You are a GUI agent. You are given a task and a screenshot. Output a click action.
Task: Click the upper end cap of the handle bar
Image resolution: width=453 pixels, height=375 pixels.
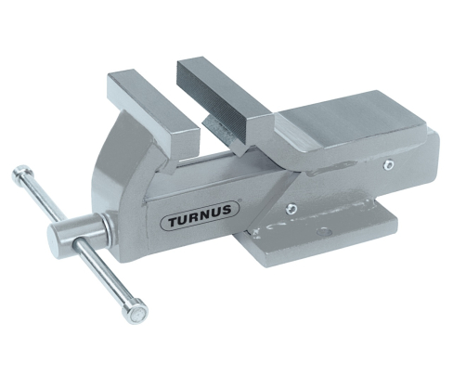click(x=21, y=173)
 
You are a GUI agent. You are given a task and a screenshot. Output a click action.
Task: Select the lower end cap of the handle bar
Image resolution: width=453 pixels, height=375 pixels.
click(x=136, y=314)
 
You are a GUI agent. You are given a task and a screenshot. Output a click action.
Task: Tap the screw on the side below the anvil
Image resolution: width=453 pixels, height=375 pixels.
click(x=388, y=165)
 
